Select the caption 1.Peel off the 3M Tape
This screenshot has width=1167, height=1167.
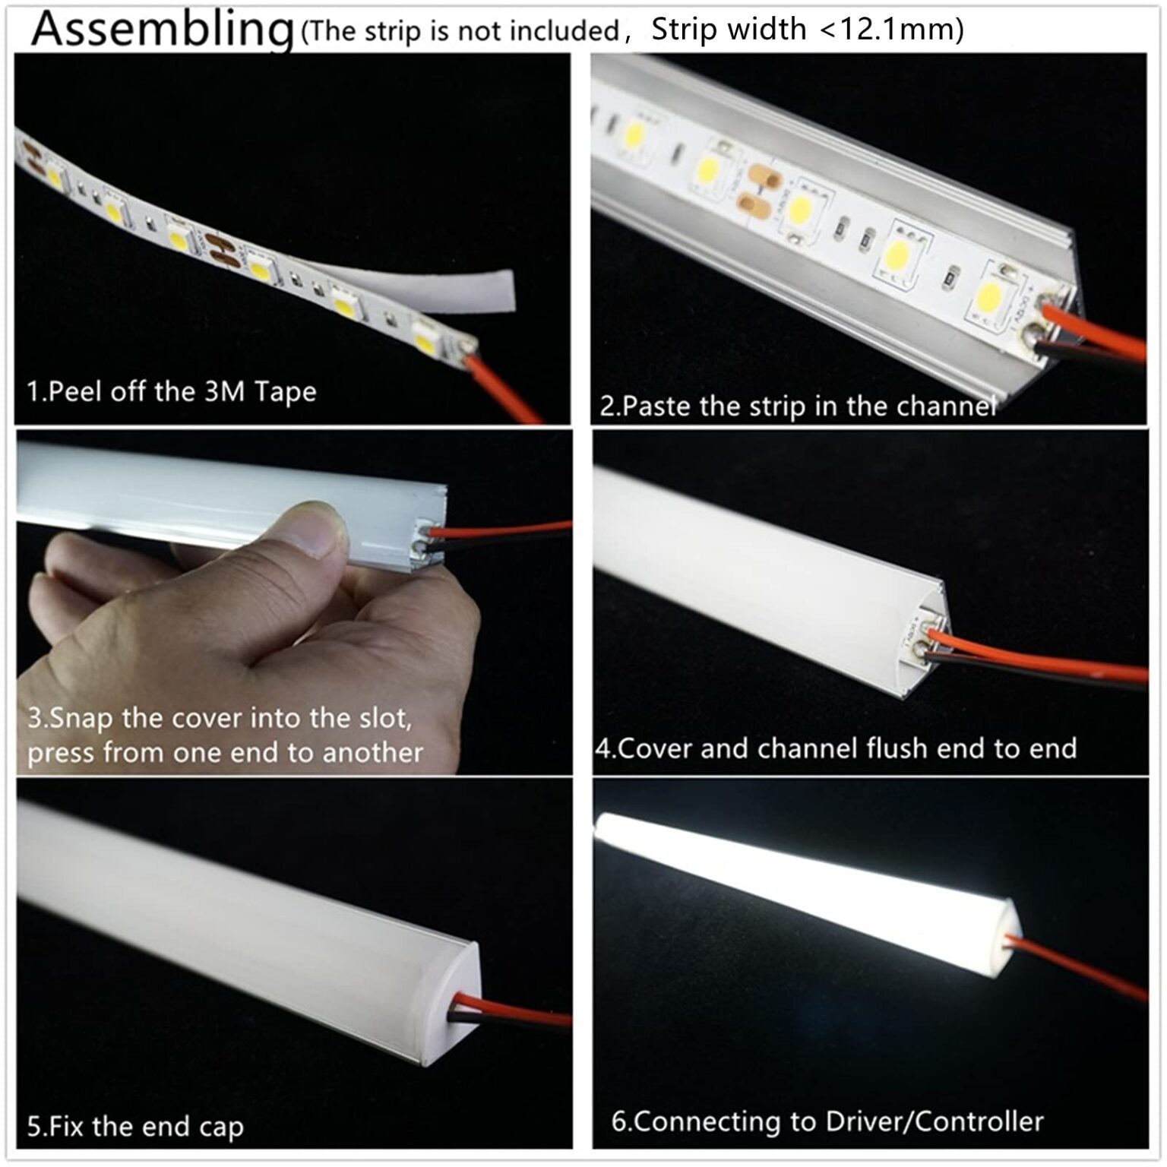click(x=172, y=392)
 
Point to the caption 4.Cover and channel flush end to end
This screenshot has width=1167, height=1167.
click(x=836, y=748)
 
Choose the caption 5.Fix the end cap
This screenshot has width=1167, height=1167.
click(x=135, y=1126)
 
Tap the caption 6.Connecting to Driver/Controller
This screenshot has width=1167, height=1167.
click(x=827, y=1121)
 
